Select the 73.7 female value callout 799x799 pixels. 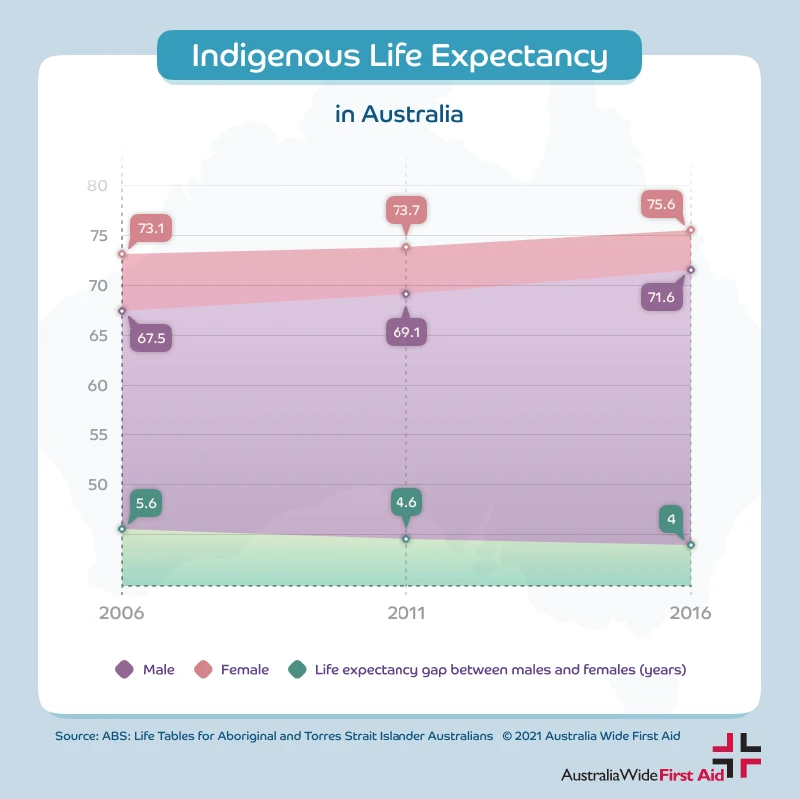[x=406, y=210]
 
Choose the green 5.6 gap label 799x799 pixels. [x=145, y=504]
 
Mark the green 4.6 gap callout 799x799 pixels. [x=406, y=502]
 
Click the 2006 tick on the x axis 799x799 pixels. [x=121, y=613]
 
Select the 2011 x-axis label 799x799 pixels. [x=405, y=613]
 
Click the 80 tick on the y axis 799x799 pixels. [x=97, y=186]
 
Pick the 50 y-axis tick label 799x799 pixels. [x=97, y=485]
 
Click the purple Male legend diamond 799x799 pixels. [x=124, y=670]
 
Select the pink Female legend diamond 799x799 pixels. [x=201, y=670]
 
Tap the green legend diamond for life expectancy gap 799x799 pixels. [x=296, y=670]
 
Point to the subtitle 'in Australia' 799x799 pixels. [x=399, y=114]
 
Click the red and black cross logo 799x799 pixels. [x=736, y=755]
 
